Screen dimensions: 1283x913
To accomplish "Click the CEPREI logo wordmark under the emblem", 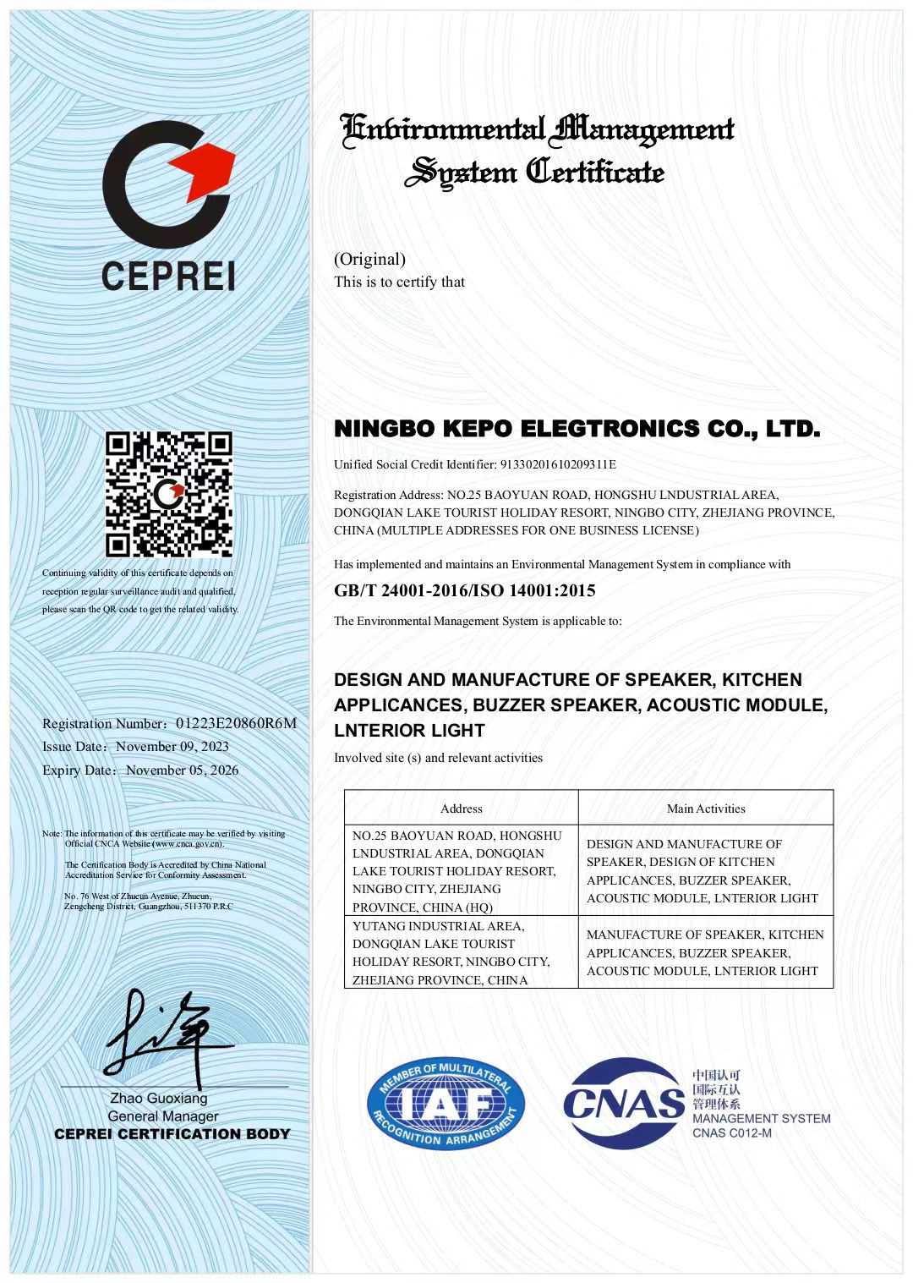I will (x=167, y=276).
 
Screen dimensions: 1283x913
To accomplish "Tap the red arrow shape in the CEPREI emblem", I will (x=203, y=168).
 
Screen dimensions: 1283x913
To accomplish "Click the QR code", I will (x=169, y=494).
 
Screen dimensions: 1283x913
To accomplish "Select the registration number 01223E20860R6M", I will (x=236, y=723).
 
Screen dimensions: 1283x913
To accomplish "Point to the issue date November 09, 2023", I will (x=172, y=747).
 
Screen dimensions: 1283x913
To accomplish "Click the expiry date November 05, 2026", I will (x=182, y=770).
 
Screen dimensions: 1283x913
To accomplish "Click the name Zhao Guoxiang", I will (x=159, y=1099).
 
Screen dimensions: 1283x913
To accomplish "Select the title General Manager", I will (x=162, y=1116).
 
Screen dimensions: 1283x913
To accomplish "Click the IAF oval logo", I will (x=446, y=1105).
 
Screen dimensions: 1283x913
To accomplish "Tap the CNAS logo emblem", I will (x=623, y=1104).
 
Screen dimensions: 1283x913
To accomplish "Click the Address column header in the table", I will (x=461, y=809).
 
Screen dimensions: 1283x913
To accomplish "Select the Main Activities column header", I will (x=706, y=809).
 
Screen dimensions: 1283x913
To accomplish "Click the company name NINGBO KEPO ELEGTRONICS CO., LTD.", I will (x=577, y=429).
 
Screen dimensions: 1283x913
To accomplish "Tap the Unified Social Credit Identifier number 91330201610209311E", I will (x=558, y=464).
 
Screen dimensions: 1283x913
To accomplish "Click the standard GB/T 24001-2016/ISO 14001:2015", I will (x=464, y=590).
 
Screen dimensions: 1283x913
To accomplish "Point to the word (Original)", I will (x=369, y=259).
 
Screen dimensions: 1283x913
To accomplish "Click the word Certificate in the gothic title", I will (x=595, y=172).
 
